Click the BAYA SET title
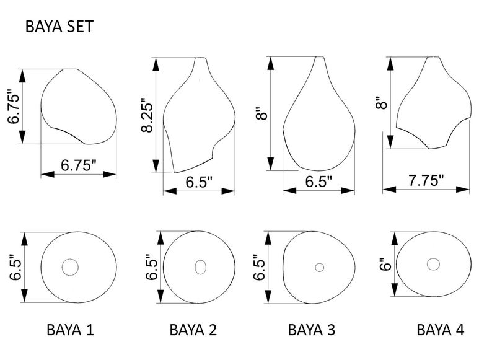tap(59, 27)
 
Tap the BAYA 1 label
tap(70, 330)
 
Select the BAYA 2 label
tap(193, 330)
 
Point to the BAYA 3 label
tap(312, 330)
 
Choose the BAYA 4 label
tap(440, 330)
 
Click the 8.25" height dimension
tap(147, 115)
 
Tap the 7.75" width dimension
tap(426, 180)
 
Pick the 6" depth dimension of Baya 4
tap(385, 264)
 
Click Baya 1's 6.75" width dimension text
tap(79, 165)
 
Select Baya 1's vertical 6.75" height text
tap(14, 107)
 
